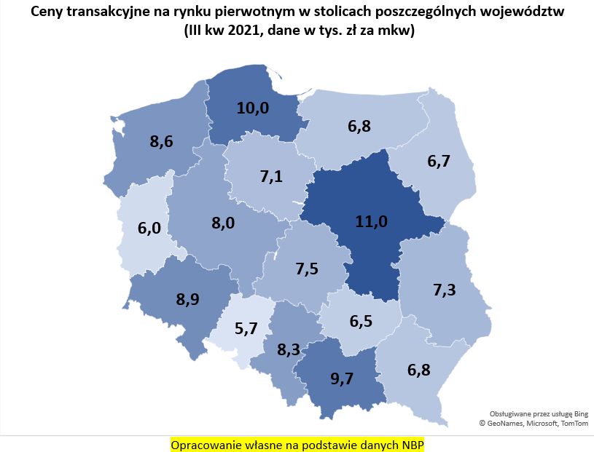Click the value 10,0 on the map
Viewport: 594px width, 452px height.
pyautogui.click(x=253, y=108)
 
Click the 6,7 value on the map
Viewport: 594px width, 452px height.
pyautogui.click(x=439, y=162)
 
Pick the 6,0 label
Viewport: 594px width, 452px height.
pyautogui.click(x=149, y=228)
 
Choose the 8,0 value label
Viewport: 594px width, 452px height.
pyautogui.click(x=223, y=223)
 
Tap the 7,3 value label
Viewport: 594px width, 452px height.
pyautogui.click(x=445, y=290)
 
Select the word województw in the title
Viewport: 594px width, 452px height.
pyautogui.click(x=528, y=12)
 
